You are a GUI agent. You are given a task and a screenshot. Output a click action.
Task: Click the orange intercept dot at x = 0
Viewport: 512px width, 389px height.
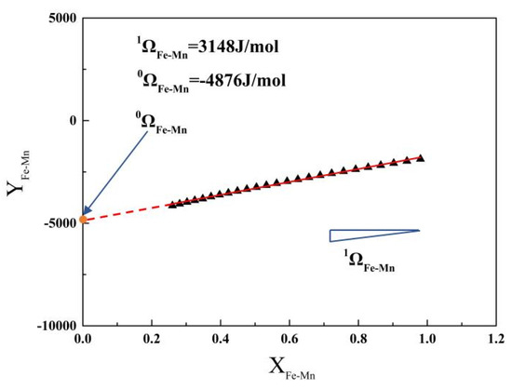point(83,219)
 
